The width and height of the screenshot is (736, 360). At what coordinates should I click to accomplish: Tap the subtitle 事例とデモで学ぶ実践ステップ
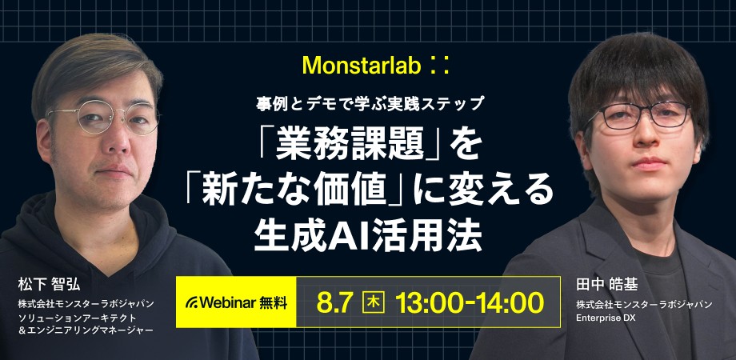pos(369,103)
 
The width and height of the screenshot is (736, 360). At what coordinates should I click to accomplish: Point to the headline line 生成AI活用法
pos(368,234)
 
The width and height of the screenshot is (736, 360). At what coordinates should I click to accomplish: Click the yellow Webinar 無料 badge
pos(237,302)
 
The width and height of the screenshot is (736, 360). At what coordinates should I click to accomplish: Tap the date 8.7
pos(335,302)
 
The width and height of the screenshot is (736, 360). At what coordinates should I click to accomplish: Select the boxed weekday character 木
pos(373,302)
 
